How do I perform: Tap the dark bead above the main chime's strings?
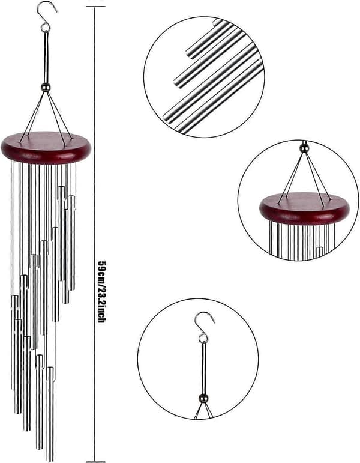pos(46,88)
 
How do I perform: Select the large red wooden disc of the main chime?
pos(46,148)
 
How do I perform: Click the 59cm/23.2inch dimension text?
pos(101,291)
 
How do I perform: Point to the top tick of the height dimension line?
pos(95,6)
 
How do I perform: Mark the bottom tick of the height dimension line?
pos(95,461)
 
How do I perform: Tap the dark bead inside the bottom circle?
pos(203,398)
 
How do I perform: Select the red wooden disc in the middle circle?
pos(305,208)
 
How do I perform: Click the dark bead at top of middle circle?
pos(304,147)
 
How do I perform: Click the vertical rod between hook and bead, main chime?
pos(46,57)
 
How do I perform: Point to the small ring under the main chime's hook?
pos(45,28)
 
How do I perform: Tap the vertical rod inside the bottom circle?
pos(203,369)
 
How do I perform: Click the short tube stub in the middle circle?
pos(320,253)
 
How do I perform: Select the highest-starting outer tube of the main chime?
pos(61,233)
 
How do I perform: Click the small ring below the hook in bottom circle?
pos(203,339)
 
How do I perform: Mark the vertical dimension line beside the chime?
pos(95,233)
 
